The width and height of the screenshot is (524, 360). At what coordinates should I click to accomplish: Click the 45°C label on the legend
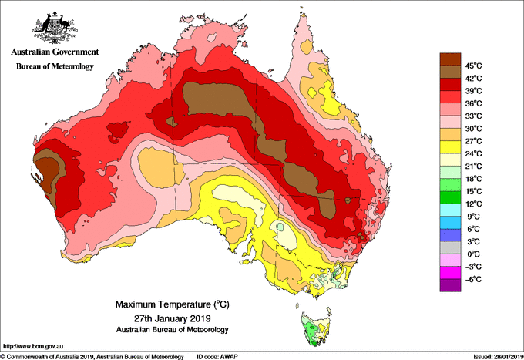[474, 66]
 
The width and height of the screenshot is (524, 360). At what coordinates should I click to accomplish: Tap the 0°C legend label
[474, 254]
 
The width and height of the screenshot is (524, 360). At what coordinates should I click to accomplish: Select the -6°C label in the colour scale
[474, 279]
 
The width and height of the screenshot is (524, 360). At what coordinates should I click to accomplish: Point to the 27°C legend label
[474, 141]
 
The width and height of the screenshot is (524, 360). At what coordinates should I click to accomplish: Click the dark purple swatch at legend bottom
[450, 285]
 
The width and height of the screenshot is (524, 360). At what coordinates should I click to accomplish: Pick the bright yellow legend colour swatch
[450, 147]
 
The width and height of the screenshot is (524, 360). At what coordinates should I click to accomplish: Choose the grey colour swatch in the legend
[450, 247]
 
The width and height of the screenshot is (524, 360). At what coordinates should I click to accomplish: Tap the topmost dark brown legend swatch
[450, 59]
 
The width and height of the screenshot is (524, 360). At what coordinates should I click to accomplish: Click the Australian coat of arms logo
[55, 28]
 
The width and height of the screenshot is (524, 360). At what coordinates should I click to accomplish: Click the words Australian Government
[55, 52]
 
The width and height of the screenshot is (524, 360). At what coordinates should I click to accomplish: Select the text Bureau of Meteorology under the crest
[55, 66]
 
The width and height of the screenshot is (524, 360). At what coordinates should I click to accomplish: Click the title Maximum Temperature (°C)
[173, 304]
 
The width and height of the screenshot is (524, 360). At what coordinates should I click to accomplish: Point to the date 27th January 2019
[173, 318]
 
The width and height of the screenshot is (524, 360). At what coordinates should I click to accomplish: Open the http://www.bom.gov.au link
[33, 346]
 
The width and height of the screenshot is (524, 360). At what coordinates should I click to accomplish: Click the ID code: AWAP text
[217, 357]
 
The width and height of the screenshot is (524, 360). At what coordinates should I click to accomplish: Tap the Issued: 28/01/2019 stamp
[499, 357]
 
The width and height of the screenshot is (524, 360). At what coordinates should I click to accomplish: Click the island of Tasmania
[316, 329]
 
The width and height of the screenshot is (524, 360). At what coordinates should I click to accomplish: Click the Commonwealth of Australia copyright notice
[92, 357]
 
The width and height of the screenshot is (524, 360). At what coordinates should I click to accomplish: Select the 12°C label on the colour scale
[474, 204]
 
